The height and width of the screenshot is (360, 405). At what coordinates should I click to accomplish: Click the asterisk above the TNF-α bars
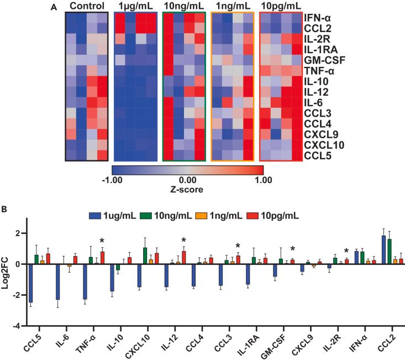click(102, 241)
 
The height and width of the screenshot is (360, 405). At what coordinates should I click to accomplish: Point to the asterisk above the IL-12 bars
click(183, 240)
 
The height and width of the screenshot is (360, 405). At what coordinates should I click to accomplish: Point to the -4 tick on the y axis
click(18, 326)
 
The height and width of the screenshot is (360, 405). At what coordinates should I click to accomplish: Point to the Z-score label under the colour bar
click(187, 189)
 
